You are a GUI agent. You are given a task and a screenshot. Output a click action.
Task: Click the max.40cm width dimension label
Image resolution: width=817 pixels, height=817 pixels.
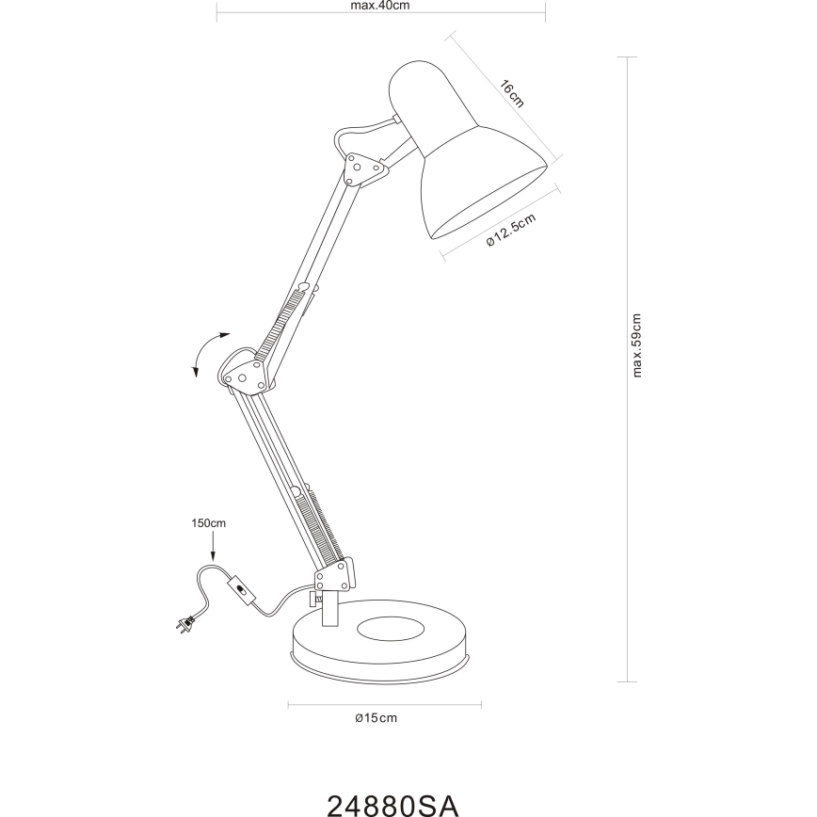(380, 5)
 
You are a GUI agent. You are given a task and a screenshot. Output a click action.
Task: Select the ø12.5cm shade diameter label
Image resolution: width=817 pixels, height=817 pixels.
(511, 230)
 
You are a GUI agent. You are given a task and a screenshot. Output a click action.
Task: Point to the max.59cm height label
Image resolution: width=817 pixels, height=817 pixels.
(637, 344)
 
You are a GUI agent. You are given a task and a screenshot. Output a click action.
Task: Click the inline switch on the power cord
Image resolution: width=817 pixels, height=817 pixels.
(243, 592)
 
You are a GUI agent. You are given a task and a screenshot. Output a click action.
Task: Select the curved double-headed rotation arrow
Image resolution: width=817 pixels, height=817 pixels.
(206, 353)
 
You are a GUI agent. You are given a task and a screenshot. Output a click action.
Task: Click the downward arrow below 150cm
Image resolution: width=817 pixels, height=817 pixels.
(213, 547)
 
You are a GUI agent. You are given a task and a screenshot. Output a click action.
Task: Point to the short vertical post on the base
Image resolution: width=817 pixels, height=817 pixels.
(328, 607)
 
